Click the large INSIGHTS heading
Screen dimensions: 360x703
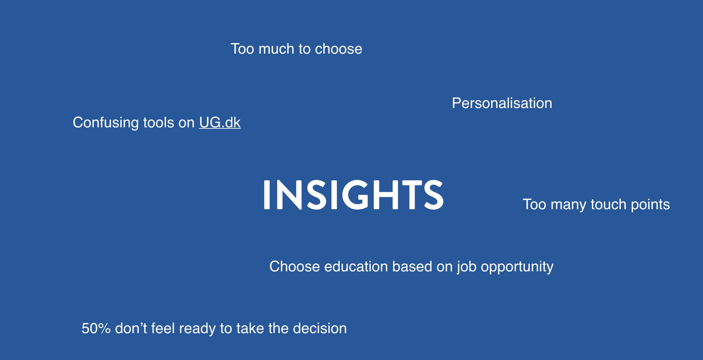353,194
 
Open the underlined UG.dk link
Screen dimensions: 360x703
220,123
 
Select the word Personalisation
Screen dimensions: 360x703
502,103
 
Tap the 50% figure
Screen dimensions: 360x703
96,328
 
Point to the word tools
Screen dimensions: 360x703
158,123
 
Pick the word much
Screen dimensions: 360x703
276,49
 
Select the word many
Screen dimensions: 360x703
569,204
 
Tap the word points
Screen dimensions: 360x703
650,204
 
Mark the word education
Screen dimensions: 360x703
356,267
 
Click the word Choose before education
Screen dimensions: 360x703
294,267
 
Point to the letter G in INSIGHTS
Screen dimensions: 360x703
355,194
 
